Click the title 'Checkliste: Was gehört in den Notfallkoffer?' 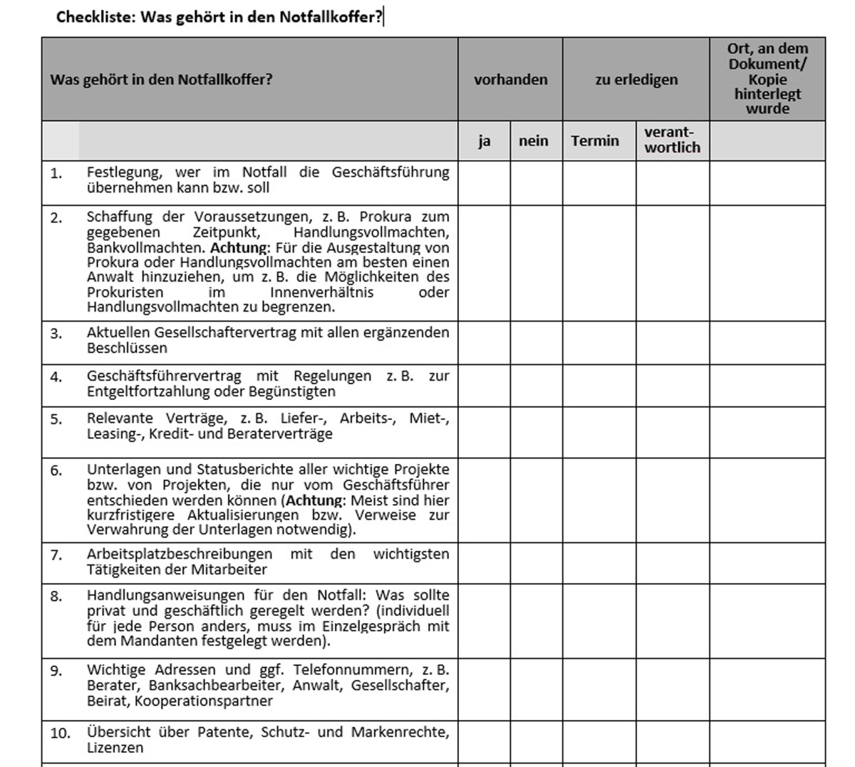(x=219, y=17)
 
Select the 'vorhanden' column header (x=510, y=79)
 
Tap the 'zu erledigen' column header (x=636, y=79)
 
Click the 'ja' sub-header (x=484, y=140)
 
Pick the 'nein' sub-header (x=534, y=140)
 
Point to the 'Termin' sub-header (x=595, y=140)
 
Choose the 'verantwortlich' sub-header (x=672, y=140)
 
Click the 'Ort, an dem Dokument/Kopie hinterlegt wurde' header (x=767, y=78)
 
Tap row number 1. (x=57, y=173)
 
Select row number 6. (x=57, y=470)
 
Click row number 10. (x=60, y=733)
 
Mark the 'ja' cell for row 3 (x=484, y=342)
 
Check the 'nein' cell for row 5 (x=536, y=432)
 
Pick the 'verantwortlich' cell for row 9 (x=673, y=689)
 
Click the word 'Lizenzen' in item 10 (x=115, y=748)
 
